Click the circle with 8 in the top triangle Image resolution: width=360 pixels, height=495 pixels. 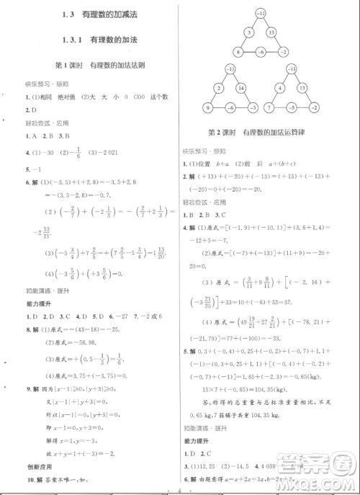coord(237,51)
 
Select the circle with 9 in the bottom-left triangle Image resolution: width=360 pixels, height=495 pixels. coord(207,108)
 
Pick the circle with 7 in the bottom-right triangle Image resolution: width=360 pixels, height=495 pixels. coord(269,108)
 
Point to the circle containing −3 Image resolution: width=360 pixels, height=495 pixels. coord(253,108)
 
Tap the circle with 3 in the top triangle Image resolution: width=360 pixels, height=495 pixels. coord(248,32)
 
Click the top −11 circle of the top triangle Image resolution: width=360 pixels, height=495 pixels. coord(259,14)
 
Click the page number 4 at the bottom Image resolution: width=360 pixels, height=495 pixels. coord(179,489)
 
